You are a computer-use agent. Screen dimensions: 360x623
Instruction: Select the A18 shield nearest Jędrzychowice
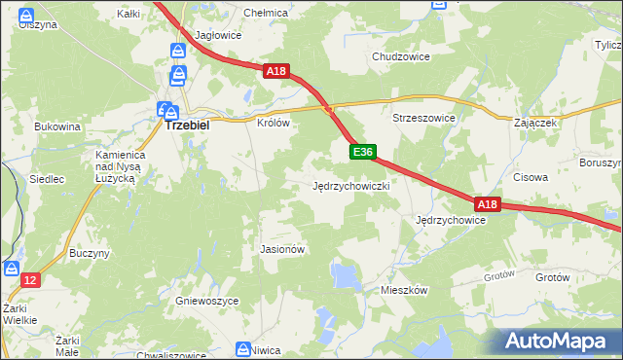click(488, 204)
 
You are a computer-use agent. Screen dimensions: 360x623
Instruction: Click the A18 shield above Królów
click(275, 70)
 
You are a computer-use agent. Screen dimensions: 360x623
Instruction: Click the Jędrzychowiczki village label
click(351, 185)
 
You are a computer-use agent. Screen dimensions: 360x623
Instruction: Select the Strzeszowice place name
click(423, 118)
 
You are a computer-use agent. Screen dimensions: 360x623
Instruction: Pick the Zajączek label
click(534, 124)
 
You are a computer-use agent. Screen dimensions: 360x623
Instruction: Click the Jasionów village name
click(283, 249)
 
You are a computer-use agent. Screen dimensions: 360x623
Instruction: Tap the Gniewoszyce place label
click(207, 302)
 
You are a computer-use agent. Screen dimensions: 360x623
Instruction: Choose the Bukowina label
click(57, 126)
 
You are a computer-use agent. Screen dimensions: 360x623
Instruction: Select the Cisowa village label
click(531, 178)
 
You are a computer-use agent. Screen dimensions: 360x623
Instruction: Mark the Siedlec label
click(47, 179)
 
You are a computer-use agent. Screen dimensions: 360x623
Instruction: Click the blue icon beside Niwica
click(243, 348)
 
